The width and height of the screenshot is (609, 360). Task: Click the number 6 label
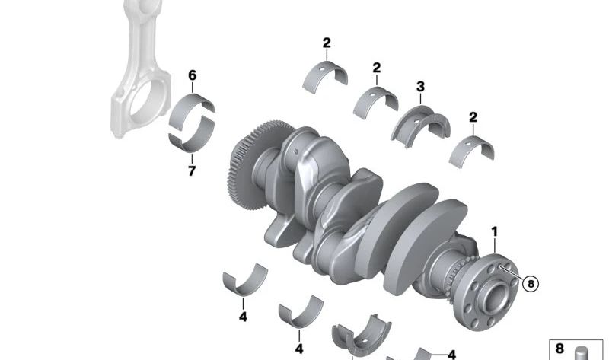[193, 75]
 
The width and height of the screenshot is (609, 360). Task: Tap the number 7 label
[192, 171]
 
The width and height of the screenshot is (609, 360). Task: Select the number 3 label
[420, 87]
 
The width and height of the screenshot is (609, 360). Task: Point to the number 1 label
[494, 232]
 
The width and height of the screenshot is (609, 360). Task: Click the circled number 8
[531, 284]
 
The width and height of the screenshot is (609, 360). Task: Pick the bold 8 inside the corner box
[560, 349]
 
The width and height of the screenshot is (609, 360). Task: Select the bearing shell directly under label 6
[191, 110]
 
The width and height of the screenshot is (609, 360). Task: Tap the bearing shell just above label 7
[192, 136]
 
